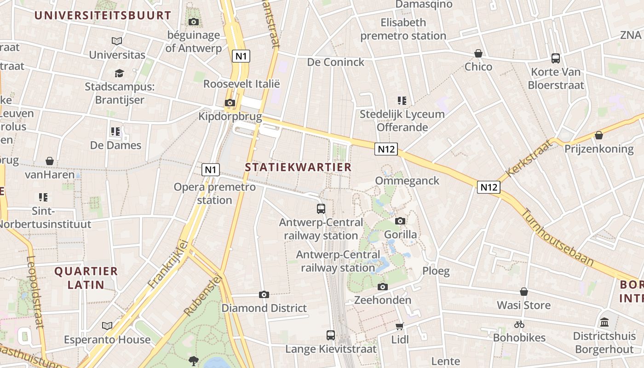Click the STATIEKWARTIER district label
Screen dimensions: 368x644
[x=298, y=167]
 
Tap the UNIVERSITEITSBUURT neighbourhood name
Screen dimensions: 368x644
[x=103, y=15]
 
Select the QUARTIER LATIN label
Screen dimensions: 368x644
[x=86, y=278]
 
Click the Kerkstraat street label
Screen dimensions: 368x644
[x=529, y=158]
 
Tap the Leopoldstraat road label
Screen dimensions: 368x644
[x=35, y=292]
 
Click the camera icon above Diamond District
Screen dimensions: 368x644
[x=264, y=294]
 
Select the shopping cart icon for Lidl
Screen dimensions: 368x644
[x=399, y=326]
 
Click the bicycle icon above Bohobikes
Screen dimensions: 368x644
[x=519, y=324]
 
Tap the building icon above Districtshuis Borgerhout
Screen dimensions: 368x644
[x=604, y=322]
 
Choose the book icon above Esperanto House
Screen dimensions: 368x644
[x=107, y=326]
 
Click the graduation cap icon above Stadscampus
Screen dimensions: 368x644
[x=119, y=73]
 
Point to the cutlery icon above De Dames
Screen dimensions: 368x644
[x=115, y=132]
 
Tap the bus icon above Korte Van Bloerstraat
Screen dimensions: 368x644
[x=556, y=58]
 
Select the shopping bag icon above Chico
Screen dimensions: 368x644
[x=478, y=53]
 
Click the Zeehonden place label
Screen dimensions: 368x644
[x=383, y=300]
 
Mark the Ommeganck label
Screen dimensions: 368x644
[x=407, y=181]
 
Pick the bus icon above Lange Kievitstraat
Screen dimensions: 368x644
[x=331, y=335]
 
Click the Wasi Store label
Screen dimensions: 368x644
[x=523, y=305]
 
